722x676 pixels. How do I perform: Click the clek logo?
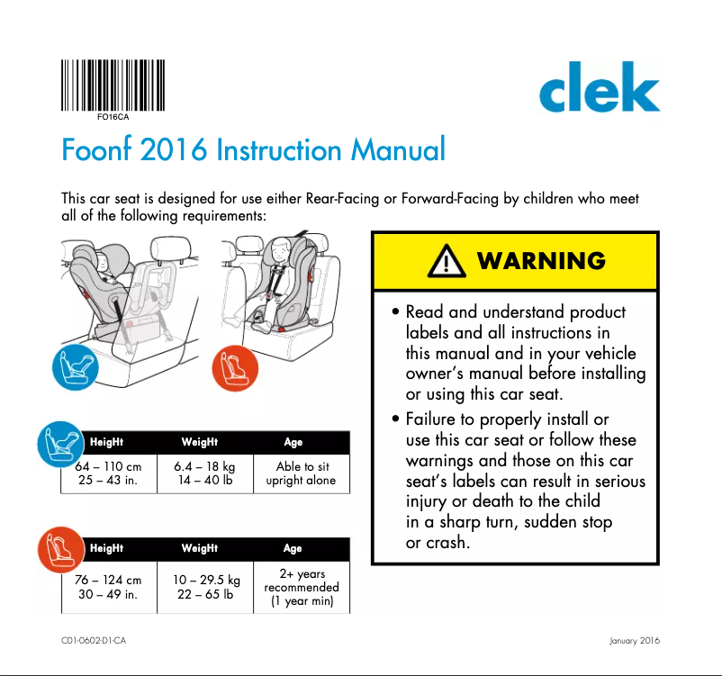pyautogui.click(x=600, y=92)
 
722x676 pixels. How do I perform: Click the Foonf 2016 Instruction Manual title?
pyautogui.click(x=253, y=149)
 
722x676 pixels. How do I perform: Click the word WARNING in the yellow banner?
pyautogui.click(x=541, y=261)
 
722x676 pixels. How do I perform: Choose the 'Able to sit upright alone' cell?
pyautogui.click(x=301, y=473)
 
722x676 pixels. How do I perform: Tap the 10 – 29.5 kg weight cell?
pyautogui.click(x=206, y=587)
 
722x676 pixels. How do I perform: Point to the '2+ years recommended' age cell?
pyautogui.click(x=302, y=587)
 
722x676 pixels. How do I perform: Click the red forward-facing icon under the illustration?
pyautogui.click(x=235, y=369)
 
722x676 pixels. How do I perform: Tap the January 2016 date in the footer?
pyautogui.click(x=635, y=641)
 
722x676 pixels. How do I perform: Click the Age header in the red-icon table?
pyautogui.click(x=293, y=548)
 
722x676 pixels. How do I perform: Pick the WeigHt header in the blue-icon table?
pyautogui.click(x=199, y=442)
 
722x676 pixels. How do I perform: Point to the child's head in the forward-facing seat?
pyautogui.click(x=278, y=246)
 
